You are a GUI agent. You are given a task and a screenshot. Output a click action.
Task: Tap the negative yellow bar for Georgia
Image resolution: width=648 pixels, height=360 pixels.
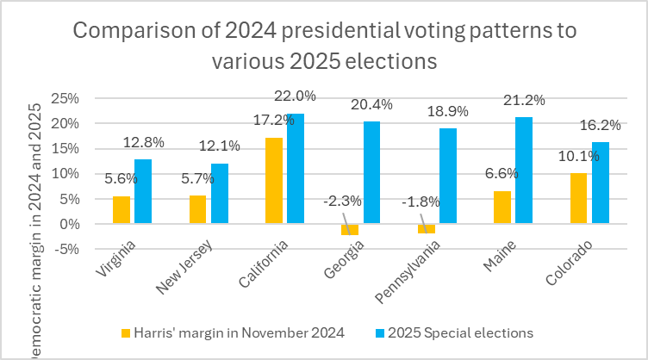[349, 229]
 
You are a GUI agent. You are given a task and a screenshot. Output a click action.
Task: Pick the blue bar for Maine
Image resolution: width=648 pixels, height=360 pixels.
[524, 171]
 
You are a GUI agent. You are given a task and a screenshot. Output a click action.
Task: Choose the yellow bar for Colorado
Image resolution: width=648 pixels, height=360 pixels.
[579, 198]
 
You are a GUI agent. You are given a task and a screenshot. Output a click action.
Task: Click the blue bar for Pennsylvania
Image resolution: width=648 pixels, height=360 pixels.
[448, 176]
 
